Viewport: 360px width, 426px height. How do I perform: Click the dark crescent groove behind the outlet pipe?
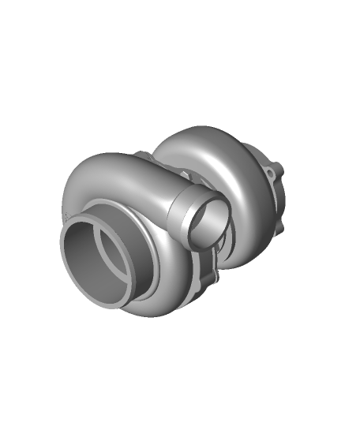(228, 237)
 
